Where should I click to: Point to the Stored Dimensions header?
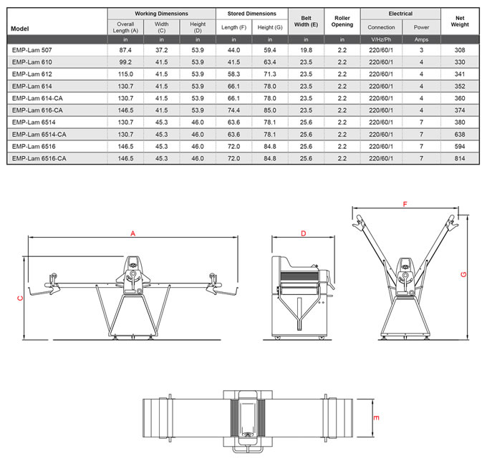coord(251,14)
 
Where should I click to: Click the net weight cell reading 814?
coord(460,158)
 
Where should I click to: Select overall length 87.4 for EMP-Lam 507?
coord(125,51)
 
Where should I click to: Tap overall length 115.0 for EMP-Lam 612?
coord(125,74)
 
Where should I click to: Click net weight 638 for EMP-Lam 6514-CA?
coord(460,135)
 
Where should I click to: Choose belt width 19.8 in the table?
coord(306,51)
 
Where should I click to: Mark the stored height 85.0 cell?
coord(269,110)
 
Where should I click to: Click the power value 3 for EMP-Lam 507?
coord(421,51)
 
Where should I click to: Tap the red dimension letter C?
coord(19,299)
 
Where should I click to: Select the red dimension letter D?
coord(303,233)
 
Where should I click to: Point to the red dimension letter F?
coord(405,205)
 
